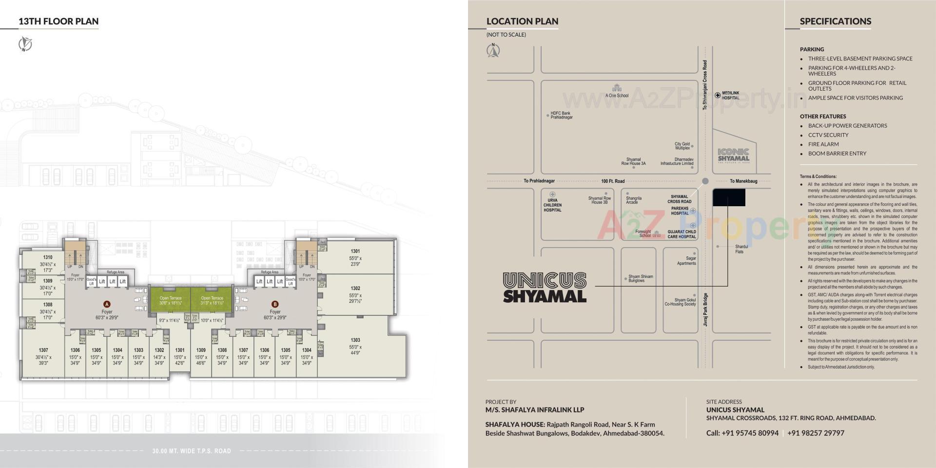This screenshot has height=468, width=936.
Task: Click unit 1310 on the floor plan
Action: pyautogui.click(x=48, y=261)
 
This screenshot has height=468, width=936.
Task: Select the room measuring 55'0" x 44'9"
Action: pyautogui.click(x=355, y=346)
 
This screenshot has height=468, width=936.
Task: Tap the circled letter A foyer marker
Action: pyautogui.click(x=107, y=304)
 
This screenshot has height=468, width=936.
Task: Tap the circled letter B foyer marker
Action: pyautogui.click(x=275, y=304)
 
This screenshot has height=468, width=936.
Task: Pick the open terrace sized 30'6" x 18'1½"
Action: pyautogui.click(x=170, y=301)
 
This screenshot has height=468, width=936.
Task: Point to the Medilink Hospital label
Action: pyautogui.click(x=730, y=96)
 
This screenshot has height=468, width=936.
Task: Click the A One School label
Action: pyautogui.click(x=617, y=95)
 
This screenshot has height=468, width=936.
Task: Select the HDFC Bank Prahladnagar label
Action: pyautogui.click(x=561, y=116)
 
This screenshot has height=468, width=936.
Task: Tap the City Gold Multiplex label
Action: pyautogui.click(x=682, y=146)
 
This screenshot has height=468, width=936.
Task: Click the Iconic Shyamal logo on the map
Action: pyautogui.click(x=733, y=155)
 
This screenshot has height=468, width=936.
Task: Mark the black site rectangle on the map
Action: pyautogui.click(x=729, y=197)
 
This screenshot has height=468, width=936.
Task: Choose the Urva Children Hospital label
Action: pyautogui.click(x=552, y=205)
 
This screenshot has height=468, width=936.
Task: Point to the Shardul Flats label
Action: pyautogui.click(x=740, y=249)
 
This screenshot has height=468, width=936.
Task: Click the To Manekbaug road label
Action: pyautogui.click(x=743, y=181)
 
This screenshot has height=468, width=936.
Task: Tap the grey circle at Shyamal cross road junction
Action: pyautogui.click(x=705, y=181)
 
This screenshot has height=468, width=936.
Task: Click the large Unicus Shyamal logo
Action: pyautogui.click(x=545, y=288)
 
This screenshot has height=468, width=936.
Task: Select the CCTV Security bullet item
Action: pyautogui.click(x=828, y=135)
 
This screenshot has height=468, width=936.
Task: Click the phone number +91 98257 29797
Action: pyautogui.click(x=816, y=433)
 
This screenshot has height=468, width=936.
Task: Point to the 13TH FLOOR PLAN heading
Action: pyautogui.click(x=58, y=21)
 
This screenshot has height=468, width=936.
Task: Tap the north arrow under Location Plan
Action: pyautogui.click(x=493, y=50)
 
